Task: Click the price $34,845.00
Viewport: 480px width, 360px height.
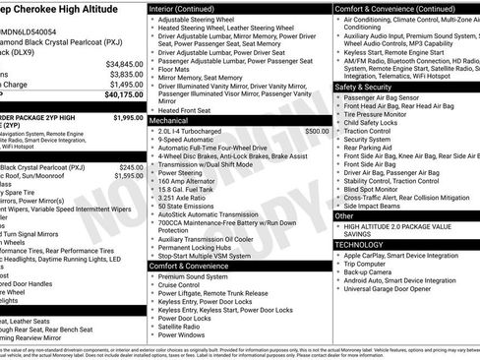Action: coord(124,65)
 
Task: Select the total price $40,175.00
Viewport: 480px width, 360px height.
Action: coord(124,94)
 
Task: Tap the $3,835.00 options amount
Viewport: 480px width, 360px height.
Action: coord(126,75)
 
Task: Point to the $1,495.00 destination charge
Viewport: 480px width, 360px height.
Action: coord(126,85)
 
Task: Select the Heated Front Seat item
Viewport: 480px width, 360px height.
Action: coord(189,111)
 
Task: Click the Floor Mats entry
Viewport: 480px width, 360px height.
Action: coord(174,69)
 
